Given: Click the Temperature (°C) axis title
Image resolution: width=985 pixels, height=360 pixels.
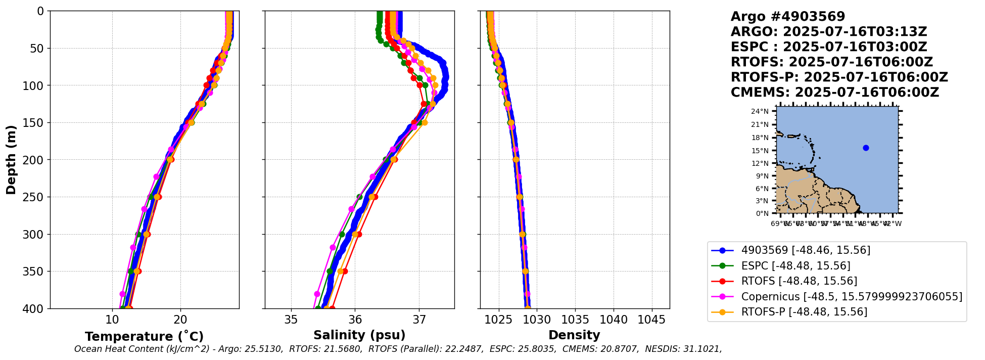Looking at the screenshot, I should tap(144, 336).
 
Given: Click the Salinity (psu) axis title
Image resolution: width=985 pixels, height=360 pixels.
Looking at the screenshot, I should tap(359, 335).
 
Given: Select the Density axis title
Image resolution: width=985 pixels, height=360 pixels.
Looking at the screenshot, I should tap(574, 335).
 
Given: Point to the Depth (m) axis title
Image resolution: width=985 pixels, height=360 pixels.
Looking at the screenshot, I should tap(11, 159).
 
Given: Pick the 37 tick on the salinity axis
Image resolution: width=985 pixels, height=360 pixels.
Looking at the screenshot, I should tap(419, 320).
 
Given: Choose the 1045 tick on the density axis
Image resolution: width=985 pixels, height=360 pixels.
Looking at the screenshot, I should tap(652, 320).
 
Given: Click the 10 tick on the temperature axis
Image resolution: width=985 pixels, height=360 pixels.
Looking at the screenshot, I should tap(112, 320).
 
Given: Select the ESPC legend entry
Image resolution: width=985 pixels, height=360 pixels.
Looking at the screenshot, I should tap(795, 266).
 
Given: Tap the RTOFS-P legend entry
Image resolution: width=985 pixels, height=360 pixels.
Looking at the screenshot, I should tap(804, 312).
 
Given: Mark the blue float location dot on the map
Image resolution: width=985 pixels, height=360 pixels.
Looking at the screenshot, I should tap(866, 148).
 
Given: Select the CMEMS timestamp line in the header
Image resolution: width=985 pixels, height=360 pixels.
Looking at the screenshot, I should tap(834, 93).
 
